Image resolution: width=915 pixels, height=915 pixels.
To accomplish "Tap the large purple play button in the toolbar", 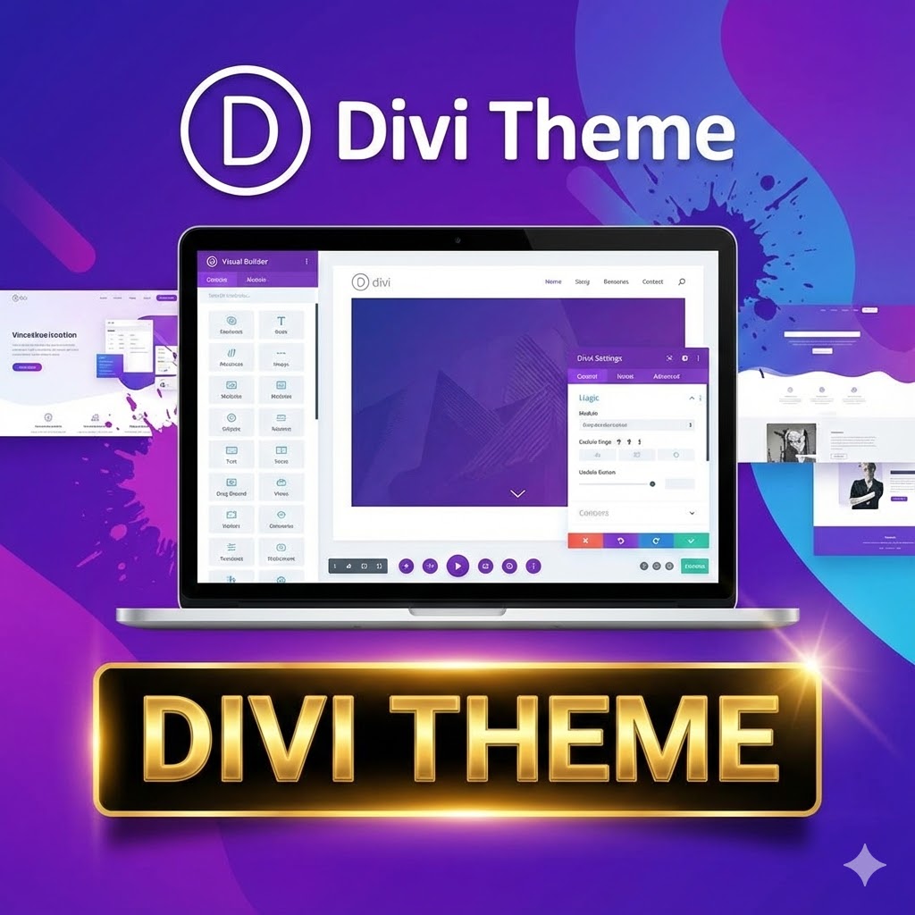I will click(x=457, y=566).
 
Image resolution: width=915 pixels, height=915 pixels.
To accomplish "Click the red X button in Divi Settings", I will click(x=585, y=541).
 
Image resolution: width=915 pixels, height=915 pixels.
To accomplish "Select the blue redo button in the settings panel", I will click(x=656, y=541).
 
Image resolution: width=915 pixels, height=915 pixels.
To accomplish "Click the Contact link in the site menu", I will click(x=652, y=282).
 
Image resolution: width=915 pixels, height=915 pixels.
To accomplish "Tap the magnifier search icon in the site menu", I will click(x=682, y=282).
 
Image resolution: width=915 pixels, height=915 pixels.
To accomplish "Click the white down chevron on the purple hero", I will click(x=517, y=492).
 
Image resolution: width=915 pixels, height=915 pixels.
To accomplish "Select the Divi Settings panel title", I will click(x=600, y=358).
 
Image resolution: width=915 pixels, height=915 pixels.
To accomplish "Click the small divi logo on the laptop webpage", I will click(x=372, y=282).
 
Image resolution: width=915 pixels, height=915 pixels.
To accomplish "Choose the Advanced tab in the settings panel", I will click(x=666, y=376).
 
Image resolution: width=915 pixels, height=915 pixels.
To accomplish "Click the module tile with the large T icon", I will click(x=281, y=324).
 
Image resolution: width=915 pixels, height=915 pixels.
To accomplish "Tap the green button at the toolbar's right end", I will click(x=694, y=566).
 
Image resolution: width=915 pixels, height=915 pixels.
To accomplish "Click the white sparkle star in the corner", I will click(x=864, y=864).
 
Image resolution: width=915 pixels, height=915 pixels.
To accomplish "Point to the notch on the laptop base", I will click(x=457, y=612).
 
